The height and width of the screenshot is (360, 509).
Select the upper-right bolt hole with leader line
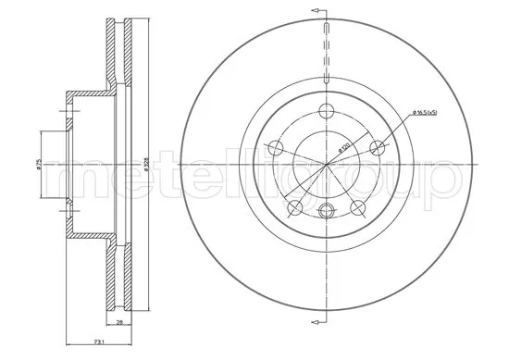point(377,146)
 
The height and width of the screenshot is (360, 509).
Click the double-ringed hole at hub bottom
point(326,211)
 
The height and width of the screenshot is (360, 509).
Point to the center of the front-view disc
point(326,164)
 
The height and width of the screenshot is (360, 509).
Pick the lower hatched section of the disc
point(115,278)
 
